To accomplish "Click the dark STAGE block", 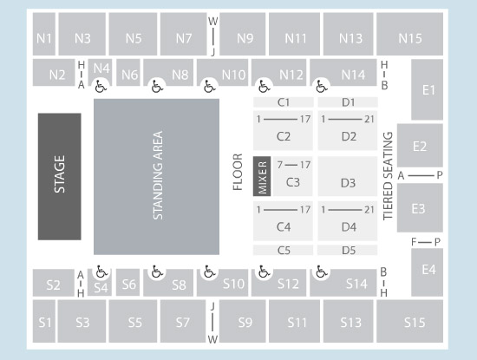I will [x=59, y=176].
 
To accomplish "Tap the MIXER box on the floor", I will [x=262, y=176].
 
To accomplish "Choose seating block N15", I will [x=410, y=38].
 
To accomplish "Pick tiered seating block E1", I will [x=428, y=89].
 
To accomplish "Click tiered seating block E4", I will [x=428, y=270].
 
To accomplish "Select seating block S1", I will [x=45, y=323].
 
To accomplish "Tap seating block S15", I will [x=415, y=323].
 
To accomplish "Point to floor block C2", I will [x=283, y=135].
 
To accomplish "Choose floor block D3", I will [x=348, y=183].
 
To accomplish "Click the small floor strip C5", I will [x=283, y=250].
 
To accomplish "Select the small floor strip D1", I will [x=348, y=102].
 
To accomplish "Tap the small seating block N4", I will [x=101, y=68].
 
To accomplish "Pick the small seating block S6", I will [x=129, y=284].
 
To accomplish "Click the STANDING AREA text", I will [x=158, y=176].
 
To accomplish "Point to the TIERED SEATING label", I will [x=388, y=176].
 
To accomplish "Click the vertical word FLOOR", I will [x=238, y=172].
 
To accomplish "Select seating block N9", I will [x=245, y=38].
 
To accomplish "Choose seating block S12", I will [x=288, y=284].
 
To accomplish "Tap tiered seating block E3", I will [x=419, y=208].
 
